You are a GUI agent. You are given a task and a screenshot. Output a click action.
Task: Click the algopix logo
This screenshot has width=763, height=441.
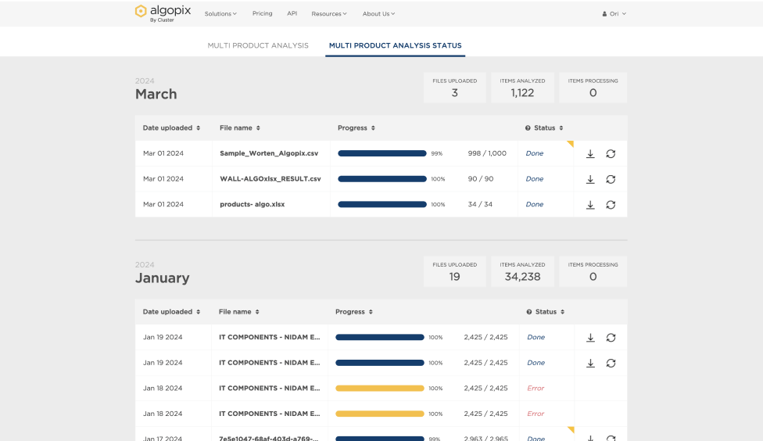(x=163, y=13)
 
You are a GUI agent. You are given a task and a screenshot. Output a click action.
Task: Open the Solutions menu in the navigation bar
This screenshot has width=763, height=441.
(x=220, y=13)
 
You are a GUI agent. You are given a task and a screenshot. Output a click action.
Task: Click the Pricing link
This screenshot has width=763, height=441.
(x=262, y=13)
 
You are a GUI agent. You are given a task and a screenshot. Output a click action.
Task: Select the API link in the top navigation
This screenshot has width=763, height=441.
(x=292, y=13)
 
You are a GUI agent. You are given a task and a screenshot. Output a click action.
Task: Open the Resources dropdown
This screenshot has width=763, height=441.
(x=328, y=13)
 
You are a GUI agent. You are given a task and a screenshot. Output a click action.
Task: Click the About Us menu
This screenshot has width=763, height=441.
(x=378, y=13)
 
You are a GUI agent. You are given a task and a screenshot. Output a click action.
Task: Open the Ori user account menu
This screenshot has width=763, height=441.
(x=614, y=13)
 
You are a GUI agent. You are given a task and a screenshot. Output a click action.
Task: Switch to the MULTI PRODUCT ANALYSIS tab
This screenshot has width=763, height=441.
(x=258, y=45)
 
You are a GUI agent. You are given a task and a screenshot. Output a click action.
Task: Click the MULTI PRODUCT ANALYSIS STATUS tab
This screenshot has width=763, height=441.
(x=395, y=45)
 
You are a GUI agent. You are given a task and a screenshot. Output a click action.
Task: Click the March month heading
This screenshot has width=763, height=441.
(x=156, y=94)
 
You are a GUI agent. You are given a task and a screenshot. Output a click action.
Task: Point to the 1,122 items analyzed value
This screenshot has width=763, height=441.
(x=522, y=92)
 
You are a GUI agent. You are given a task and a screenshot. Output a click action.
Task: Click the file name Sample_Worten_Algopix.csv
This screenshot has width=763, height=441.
(x=269, y=153)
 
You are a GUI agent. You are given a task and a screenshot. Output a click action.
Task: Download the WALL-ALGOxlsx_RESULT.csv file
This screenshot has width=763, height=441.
(x=590, y=179)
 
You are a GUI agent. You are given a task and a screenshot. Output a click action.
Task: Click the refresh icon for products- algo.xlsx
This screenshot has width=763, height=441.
(x=611, y=205)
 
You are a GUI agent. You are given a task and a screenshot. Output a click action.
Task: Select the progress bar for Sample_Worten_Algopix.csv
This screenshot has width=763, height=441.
(x=381, y=153)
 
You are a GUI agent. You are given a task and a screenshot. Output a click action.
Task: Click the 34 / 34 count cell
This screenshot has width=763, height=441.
(x=480, y=204)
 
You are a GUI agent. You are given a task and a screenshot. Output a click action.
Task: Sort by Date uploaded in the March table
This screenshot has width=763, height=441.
(x=171, y=127)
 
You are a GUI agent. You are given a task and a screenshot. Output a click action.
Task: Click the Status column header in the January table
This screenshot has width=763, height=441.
(x=546, y=311)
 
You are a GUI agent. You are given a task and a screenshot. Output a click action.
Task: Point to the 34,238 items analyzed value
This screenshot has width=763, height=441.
(x=522, y=276)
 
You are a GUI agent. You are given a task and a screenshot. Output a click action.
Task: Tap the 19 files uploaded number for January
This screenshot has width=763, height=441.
(x=454, y=276)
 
